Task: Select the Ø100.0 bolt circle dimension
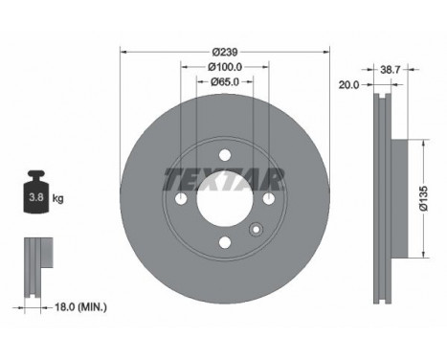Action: [225, 66]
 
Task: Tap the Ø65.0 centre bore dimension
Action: [225, 82]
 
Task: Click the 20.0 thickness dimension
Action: [347, 84]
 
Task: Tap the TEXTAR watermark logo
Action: [225, 179]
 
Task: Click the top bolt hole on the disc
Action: [225, 154]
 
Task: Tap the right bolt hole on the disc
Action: [269, 198]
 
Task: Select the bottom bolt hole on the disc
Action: [225, 242]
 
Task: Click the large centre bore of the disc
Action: [225, 198]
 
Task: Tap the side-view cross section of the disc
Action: [384, 198]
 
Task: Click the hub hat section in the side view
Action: [402, 198]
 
